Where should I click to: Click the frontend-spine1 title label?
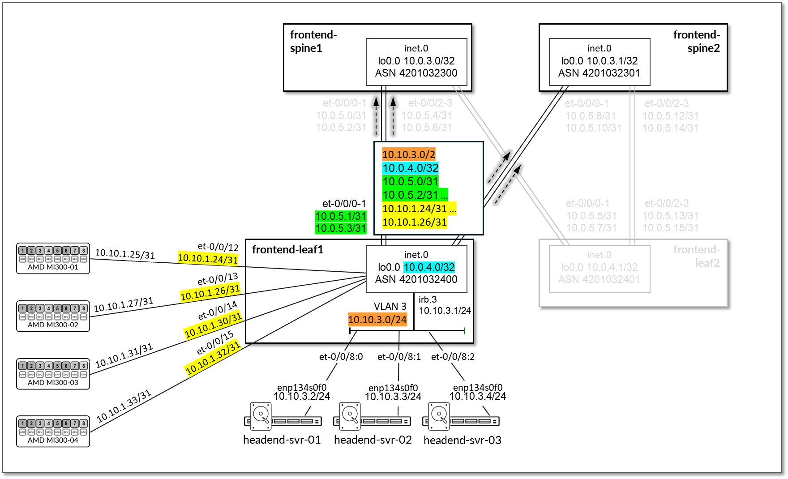point(313,41)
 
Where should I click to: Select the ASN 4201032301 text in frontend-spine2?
point(599,73)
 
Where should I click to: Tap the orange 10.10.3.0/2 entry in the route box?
point(408,155)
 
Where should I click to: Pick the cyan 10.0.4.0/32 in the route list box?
point(410,168)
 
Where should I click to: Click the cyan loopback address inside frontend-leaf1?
point(429,267)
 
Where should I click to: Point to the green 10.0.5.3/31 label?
point(341,228)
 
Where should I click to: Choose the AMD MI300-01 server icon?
point(53,258)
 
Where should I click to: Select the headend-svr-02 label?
point(373,440)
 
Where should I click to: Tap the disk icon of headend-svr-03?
point(440,414)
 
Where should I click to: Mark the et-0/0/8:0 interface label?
point(341,357)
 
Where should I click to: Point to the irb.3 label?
point(428,299)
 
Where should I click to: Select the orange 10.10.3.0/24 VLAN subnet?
point(377,320)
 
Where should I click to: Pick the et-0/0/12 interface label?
point(218,247)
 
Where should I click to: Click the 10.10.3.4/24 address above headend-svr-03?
point(477,396)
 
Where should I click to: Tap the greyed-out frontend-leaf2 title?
point(697,256)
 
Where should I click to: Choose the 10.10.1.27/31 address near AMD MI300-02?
point(124,304)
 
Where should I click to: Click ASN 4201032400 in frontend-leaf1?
point(416,279)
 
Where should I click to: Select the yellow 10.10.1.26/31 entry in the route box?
point(414,222)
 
